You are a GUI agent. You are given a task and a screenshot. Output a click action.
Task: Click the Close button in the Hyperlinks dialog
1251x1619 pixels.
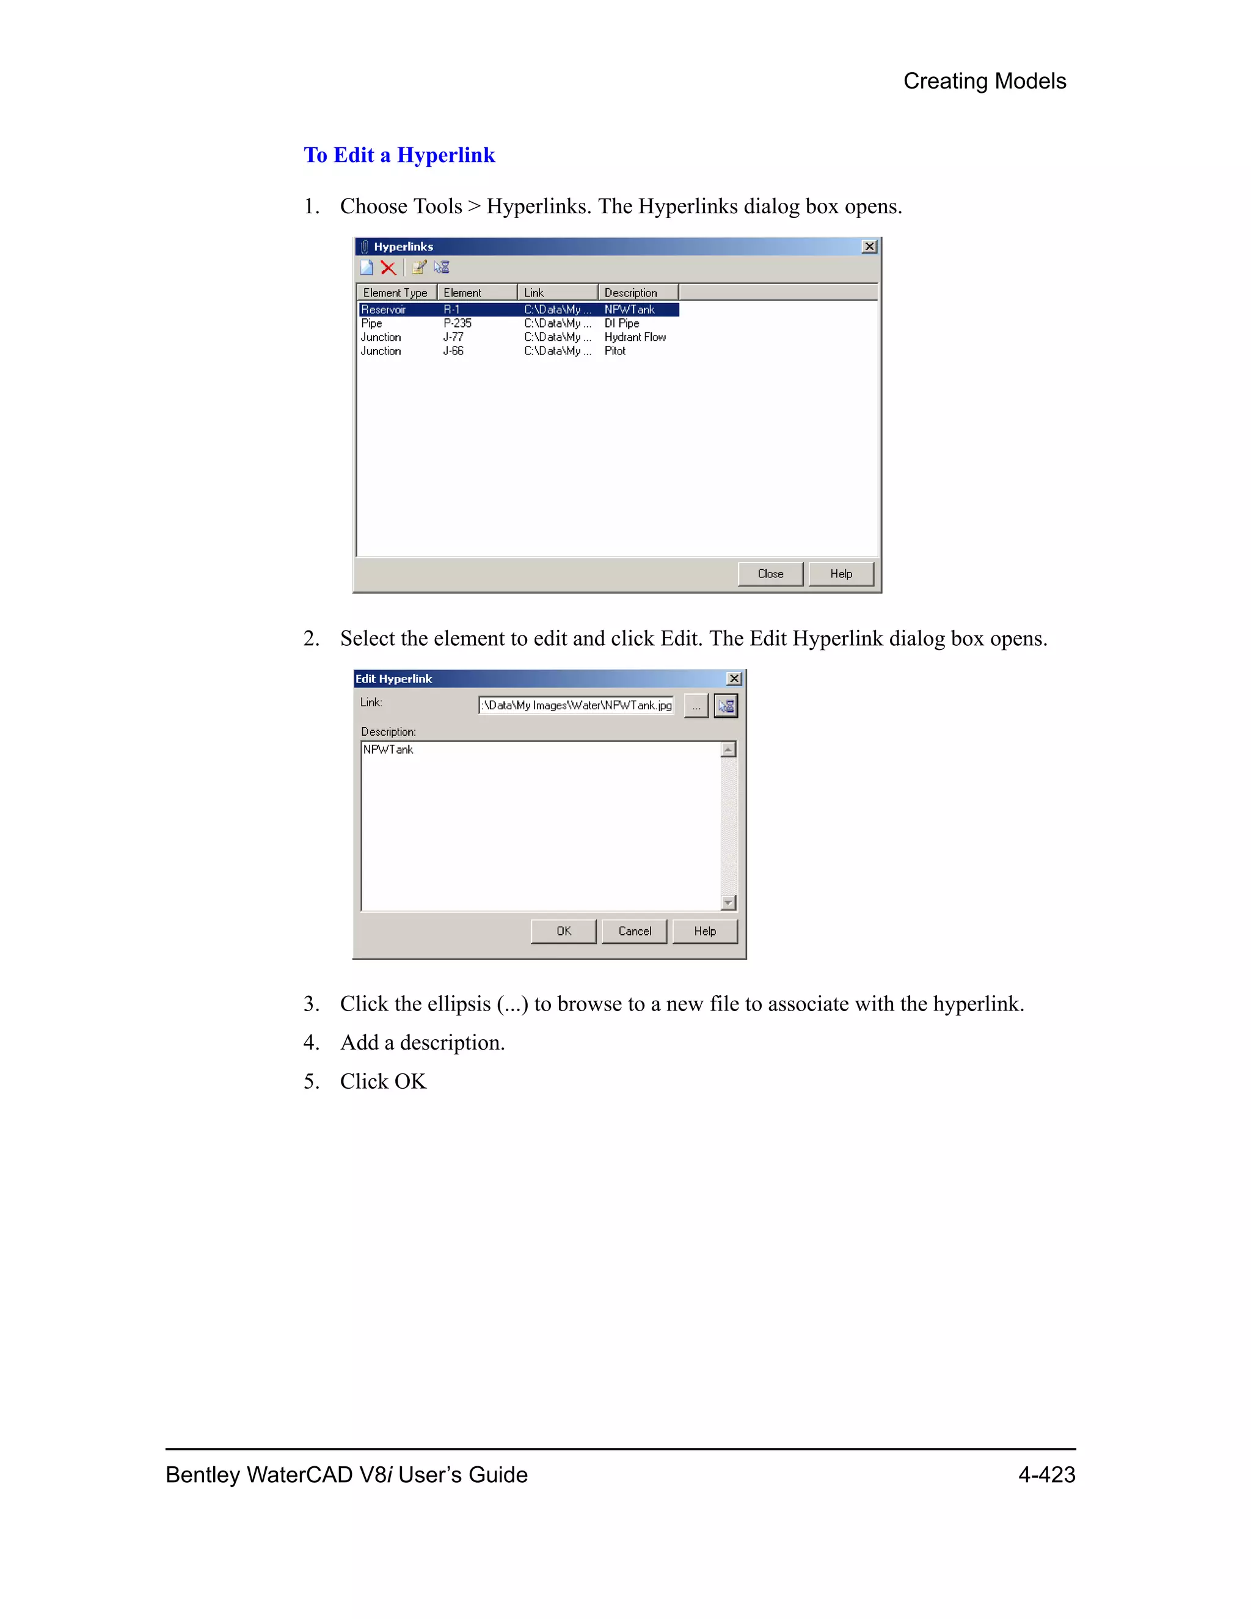pyautogui.click(x=770, y=574)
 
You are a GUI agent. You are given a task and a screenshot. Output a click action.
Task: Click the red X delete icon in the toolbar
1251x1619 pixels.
pyautogui.click(x=388, y=268)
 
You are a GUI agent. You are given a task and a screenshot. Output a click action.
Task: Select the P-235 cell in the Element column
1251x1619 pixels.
pyautogui.click(x=458, y=323)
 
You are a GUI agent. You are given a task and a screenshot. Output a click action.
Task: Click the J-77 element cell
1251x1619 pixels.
pyautogui.click(x=454, y=337)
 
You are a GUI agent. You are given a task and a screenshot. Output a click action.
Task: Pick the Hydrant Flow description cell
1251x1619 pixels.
pyautogui.click(x=635, y=337)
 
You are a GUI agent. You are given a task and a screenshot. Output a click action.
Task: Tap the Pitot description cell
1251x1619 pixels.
pyautogui.click(x=615, y=351)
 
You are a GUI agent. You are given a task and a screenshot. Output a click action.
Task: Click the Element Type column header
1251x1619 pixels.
pyautogui.click(x=396, y=293)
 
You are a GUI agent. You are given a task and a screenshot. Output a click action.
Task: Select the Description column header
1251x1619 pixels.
pyautogui.click(x=630, y=293)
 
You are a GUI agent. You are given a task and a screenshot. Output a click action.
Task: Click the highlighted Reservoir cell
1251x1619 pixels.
pyautogui.click(x=384, y=310)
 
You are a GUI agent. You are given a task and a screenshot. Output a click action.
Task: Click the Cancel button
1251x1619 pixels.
pyautogui.click(x=635, y=931)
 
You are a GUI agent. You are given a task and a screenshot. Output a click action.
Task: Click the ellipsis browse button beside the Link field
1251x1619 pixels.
pyautogui.click(x=696, y=706)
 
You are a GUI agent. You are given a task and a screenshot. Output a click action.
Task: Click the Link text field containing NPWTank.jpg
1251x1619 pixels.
pyautogui.click(x=577, y=706)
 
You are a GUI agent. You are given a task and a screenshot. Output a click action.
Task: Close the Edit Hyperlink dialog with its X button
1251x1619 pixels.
pyautogui.click(x=734, y=678)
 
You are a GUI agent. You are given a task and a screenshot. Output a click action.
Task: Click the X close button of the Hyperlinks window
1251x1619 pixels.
pyautogui.click(x=869, y=246)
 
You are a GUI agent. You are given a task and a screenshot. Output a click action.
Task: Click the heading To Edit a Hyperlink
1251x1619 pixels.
pyautogui.click(x=399, y=155)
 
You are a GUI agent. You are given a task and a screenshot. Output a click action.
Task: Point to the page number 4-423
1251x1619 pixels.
pyautogui.click(x=1046, y=1474)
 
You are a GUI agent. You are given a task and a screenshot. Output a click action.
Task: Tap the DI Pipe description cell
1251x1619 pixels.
pyautogui.click(x=622, y=323)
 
